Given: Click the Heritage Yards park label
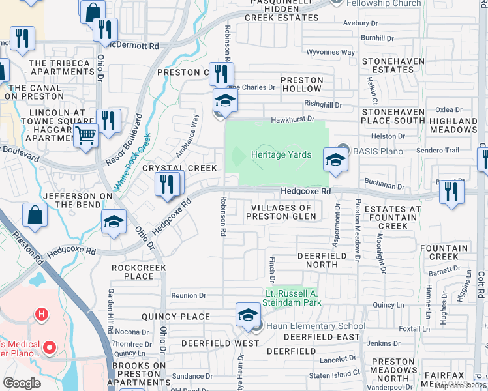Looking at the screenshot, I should pos(282,154).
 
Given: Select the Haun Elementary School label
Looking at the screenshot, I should pos(314,326).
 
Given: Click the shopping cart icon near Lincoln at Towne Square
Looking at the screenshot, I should pos(86,137).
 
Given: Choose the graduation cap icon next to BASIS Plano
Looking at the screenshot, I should pos(335,159).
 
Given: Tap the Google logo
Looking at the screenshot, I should pos(22,383).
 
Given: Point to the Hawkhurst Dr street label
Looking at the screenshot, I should pos(293,119).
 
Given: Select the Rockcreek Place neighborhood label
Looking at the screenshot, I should pos(139,272).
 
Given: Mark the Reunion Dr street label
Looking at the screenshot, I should pos(189,296).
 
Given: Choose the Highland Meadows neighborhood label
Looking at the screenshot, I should pos(453,126).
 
